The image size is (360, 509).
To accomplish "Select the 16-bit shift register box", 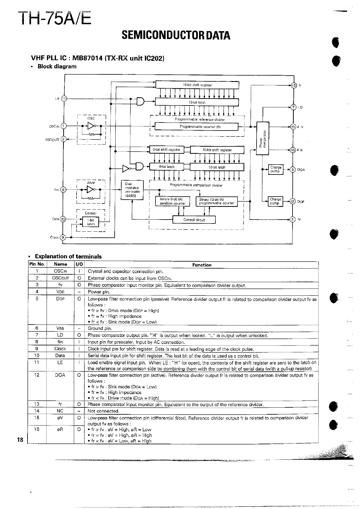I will [197, 85].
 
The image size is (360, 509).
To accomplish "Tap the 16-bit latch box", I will [197, 102].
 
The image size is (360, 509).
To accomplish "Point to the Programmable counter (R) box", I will [200, 127].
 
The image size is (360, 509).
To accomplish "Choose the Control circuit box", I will [194, 220].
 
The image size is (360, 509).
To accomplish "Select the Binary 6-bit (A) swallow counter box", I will [173, 201].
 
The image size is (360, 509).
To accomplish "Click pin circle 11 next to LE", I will [64, 98].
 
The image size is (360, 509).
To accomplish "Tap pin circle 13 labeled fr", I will [293, 85].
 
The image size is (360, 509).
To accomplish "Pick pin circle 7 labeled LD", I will [293, 107].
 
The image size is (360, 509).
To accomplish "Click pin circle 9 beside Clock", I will [63, 237].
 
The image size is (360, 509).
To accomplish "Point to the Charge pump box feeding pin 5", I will [275, 169].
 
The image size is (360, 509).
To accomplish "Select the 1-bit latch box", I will [91, 222].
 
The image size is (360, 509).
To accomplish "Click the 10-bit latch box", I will [217, 167].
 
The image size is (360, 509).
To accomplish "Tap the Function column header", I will [202, 265].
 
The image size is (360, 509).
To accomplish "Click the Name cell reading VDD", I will [60, 292].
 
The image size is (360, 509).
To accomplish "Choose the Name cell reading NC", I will [60, 411].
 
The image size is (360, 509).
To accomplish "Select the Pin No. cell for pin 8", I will [37, 342].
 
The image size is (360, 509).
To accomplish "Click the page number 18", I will [20, 440].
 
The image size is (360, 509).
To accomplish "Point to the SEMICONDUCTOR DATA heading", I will [176, 36].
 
